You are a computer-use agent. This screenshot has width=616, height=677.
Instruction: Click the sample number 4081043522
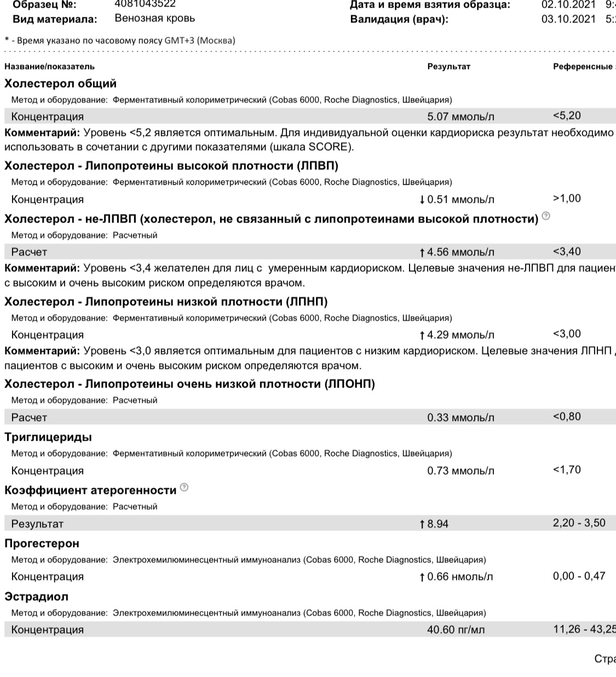145,3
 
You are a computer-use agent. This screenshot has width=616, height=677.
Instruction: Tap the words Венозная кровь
154,18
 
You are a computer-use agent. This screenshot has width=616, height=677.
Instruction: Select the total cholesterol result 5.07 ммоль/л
460,117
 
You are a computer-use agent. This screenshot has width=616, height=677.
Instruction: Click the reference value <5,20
567,116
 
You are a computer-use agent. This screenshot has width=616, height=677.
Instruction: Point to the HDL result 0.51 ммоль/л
460,200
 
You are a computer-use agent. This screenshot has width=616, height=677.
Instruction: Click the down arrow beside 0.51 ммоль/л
422,200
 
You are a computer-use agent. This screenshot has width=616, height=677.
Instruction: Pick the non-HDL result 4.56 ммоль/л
460,252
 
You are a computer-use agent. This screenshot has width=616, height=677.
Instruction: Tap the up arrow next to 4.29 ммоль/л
422,335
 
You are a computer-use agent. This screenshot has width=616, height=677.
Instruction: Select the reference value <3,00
567,334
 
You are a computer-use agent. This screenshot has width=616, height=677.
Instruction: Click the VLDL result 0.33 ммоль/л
460,418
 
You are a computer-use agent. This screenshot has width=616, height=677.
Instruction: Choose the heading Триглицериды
48,437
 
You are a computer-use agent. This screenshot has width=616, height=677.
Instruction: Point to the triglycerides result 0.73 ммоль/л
460,471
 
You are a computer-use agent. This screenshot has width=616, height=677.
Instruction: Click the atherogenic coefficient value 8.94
437,524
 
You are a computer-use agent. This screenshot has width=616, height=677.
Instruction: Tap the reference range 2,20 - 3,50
579,523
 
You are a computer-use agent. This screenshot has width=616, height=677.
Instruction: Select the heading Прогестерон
42,543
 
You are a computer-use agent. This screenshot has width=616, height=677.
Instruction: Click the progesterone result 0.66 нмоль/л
460,577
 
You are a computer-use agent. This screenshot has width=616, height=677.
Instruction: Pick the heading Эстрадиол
36,596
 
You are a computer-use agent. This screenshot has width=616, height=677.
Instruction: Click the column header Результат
448,67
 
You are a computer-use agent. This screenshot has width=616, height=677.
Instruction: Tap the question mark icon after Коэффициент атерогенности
184,487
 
